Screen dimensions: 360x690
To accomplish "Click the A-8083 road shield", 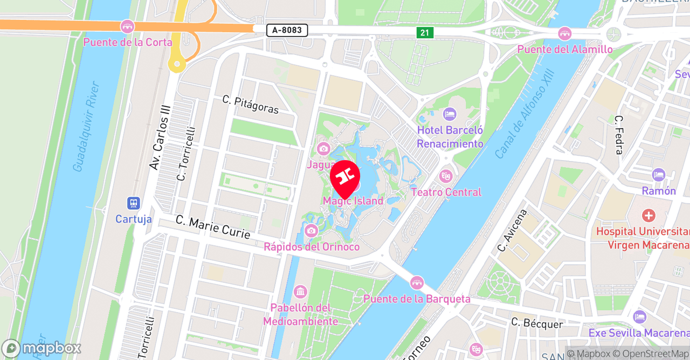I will pyautogui.click(x=287, y=30).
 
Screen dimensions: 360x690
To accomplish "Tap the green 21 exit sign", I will pyautogui.click(x=425, y=33).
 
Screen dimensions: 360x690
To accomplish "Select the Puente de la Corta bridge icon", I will pyautogui.click(x=127, y=26).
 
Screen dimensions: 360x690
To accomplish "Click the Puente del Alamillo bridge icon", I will pyautogui.click(x=565, y=33).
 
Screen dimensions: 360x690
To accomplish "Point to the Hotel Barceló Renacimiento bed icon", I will pyautogui.click(x=450, y=114).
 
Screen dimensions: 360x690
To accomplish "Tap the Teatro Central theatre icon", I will pyautogui.click(x=446, y=176).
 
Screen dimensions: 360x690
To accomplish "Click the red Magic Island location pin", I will pyautogui.click(x=345, y=176).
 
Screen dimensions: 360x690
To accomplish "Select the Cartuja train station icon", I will pyautogui.click(x=134, y=203).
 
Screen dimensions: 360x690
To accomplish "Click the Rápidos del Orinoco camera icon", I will pyautogui.click(x=311, y=231).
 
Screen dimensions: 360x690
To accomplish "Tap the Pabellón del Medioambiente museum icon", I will pyautogui.click(x=300, y=292).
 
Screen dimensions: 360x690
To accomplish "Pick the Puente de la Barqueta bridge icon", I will pyautogui.click(x=417, y=282).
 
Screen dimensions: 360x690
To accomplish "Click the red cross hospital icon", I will pyautogui.click(x=648, y=216).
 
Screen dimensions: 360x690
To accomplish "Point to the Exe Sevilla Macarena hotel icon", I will pyautogui.click(x=640, y=317).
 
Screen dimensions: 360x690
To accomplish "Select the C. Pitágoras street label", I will pyautogui.click(x=251, y=105).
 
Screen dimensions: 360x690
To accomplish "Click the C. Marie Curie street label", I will pyautogui.click(x=213, y=227).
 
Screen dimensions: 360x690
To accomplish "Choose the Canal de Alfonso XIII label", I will pyautogui.click(x=525, y=114).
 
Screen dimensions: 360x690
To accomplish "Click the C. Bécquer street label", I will pyautogui.click(x=537, y=323).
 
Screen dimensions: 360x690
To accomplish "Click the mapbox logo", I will pyautogui.click(x=41, y=348).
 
